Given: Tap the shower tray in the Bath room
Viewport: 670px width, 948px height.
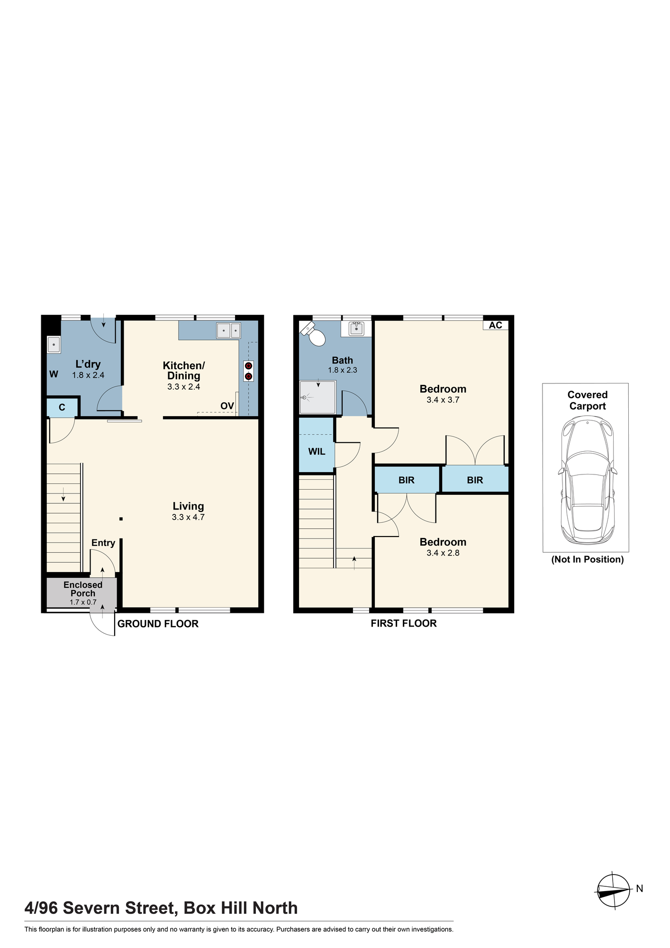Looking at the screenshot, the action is pos(317,396).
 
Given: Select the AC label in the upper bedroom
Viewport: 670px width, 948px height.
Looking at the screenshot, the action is pos(495,325).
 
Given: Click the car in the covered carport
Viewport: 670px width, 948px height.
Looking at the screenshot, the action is pos(587,481).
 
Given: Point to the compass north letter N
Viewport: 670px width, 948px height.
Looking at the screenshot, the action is pos(639,888).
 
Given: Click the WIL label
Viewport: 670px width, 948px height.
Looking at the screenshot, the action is pos(317,452).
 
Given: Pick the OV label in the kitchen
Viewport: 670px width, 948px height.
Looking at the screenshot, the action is pos(227,406).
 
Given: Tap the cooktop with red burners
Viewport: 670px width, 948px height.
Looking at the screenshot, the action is pos(248,371).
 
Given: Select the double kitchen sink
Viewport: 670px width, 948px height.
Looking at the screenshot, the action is pos(228,330).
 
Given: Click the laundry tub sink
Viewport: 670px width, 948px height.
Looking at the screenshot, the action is pos(54,345).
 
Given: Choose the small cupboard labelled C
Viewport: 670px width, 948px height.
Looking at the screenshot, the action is pos(62,408).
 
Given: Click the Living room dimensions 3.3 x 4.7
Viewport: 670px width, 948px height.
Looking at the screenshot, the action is pos(188,517).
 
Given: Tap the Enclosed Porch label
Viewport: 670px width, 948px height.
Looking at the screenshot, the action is pos(83,589).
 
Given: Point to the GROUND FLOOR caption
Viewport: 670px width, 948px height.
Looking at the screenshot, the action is pos(158,624).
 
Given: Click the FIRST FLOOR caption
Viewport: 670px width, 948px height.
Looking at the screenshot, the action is pos(404,623).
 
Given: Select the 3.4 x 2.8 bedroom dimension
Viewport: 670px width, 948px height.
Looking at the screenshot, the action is pos(443,553).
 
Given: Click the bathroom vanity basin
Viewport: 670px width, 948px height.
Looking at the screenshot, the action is pos(356,328).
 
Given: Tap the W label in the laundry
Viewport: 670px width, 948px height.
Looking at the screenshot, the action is pos(54,374).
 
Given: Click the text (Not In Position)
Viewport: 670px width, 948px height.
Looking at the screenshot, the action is pos(588,559).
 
